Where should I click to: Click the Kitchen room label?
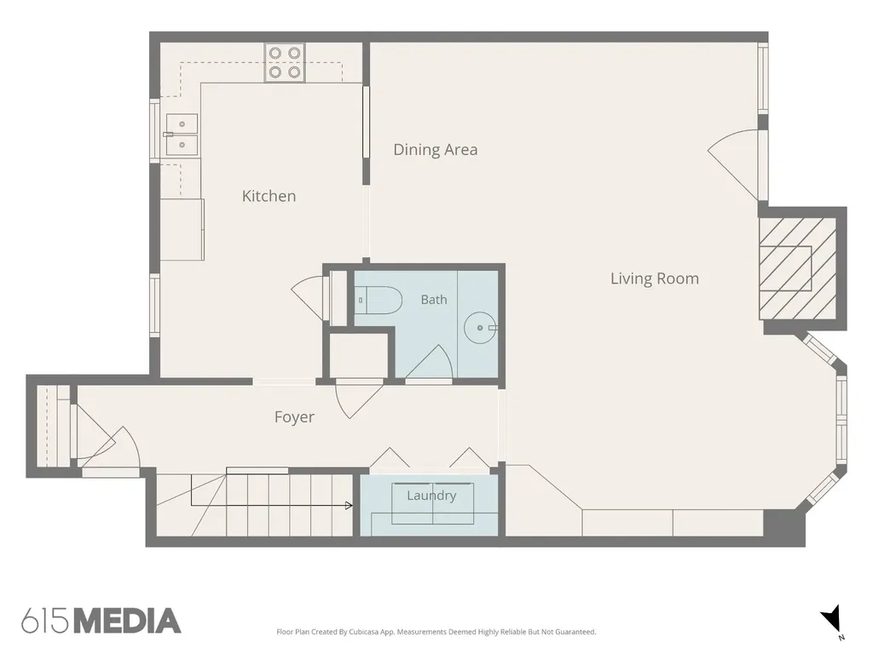click(269, 196)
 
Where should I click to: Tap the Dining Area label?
click(436, 150)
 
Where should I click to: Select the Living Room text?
click(655, 278)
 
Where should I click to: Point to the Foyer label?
click(294, 417)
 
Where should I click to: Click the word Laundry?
click(431, 496)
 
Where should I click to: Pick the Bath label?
click(434, 300)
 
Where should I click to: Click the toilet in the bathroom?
click(379, 301)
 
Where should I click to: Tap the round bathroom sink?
click(480, 328)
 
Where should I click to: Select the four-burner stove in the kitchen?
click(285, 62)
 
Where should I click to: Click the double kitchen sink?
click(182, 135)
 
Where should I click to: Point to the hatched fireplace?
click(798, 268)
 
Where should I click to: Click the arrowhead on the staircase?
click(349, 506)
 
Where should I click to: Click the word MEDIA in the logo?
click(128, 621)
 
